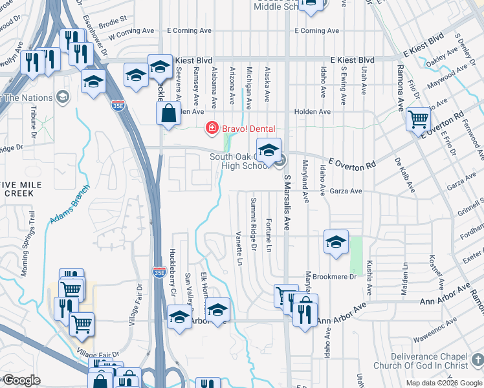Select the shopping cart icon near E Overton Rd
click(x=419, y=119)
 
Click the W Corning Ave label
click(x=132, y=32)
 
